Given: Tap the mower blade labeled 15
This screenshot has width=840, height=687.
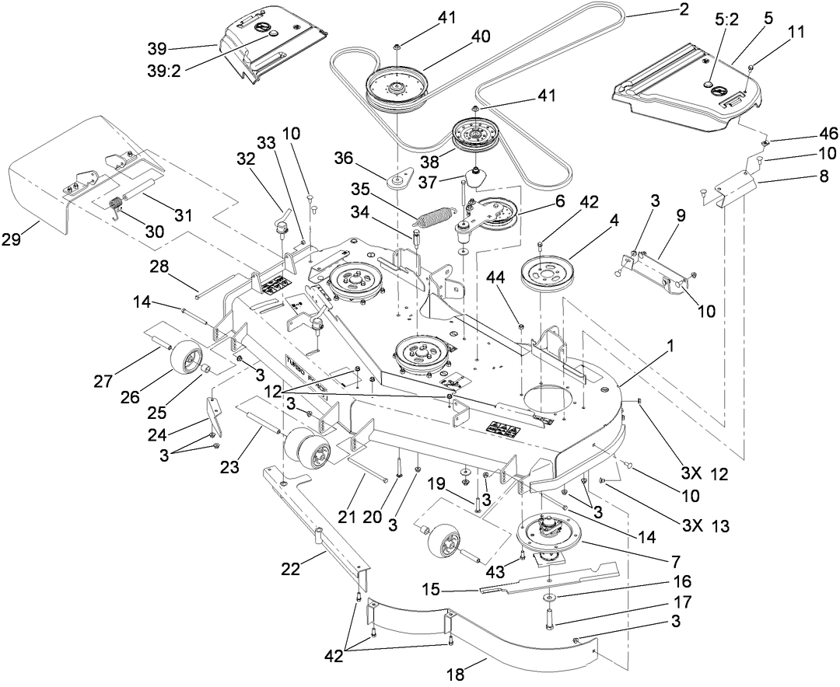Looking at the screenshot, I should [x=544, y=580].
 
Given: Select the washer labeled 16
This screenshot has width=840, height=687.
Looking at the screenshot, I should [x=550, y=597].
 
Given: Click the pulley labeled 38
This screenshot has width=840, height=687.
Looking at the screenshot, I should [x=474, y=135].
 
